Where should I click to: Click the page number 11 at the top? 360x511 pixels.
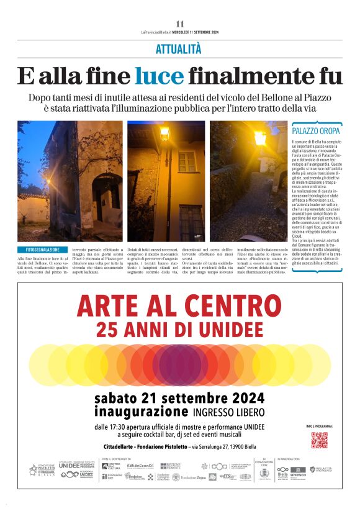180,24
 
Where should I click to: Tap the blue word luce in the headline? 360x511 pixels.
160,76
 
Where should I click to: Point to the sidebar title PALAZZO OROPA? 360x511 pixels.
316,132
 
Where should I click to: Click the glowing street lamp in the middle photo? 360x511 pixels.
165,132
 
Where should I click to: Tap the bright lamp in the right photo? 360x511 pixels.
260,138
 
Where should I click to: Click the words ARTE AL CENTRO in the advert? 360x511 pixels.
179,306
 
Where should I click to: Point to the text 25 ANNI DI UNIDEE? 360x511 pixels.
179,327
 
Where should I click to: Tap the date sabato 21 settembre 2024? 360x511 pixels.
179,398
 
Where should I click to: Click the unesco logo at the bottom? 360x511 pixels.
298,474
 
